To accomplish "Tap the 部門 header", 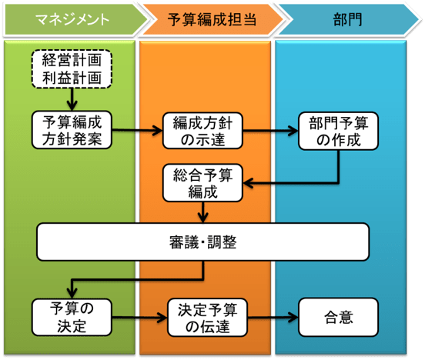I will (x=345, y=19).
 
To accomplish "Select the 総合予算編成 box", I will (x=203, y=183).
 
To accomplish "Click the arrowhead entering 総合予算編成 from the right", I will (x=248, y=183).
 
